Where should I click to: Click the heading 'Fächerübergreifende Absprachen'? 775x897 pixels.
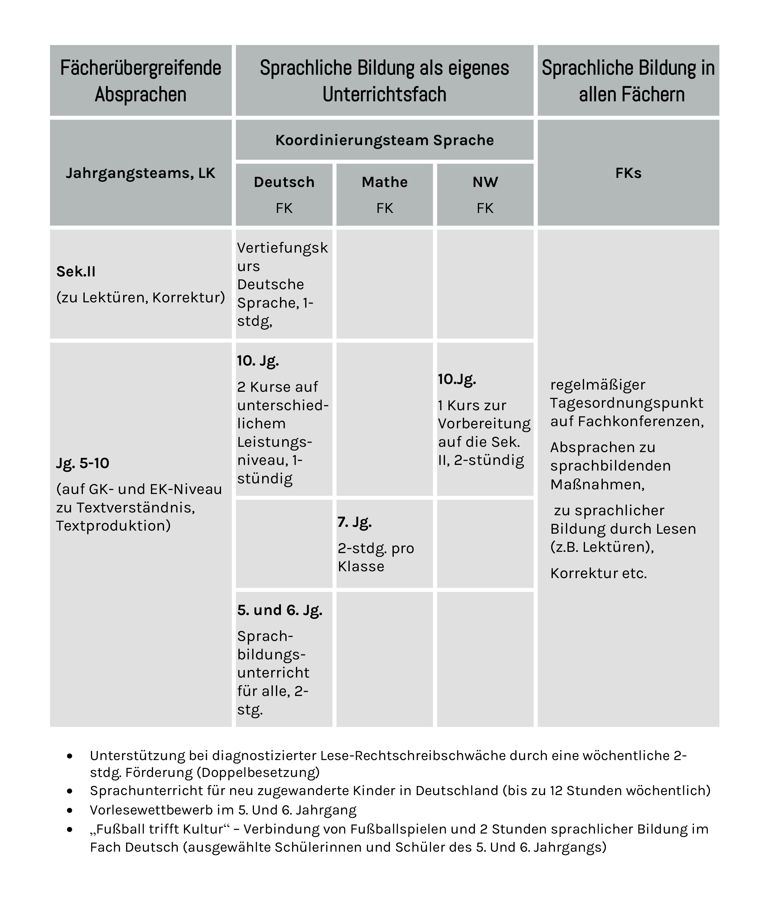click(x=141, y=81)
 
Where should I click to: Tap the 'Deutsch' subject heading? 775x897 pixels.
click(x=284, y=182)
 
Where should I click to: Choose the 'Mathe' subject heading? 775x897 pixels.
click(x=384, y=182)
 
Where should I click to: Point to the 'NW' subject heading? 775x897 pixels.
click(x=485, y=182)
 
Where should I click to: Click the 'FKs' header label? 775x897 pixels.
click(x=628, y=173)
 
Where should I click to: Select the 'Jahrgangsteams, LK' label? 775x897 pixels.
click(x=141, y=173)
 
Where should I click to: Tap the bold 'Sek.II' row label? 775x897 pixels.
click(x=76, y=271)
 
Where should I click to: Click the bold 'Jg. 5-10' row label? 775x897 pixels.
click(x=82, y=463)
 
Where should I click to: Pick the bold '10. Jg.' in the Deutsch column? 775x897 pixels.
click(x=258, y=360)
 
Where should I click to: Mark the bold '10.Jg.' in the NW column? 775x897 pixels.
click(x=457, y=379)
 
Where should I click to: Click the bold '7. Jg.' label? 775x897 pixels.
click(x=354, y=522)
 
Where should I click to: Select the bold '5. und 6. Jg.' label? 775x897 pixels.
click(x=280, y=610)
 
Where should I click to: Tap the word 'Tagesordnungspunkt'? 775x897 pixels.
click(x=627, y=403)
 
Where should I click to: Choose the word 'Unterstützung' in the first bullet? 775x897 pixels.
click(x=137, y=755)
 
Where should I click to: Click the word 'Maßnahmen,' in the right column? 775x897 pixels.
click(x=597, y=484)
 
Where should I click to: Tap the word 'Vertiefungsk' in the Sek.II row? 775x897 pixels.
click(x=282, y=248)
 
